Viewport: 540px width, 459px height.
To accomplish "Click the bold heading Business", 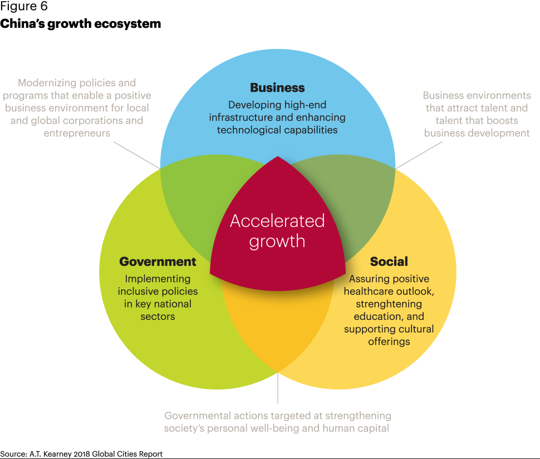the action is (x=277, y=88).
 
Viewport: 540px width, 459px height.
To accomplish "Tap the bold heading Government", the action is (x=158, y=261).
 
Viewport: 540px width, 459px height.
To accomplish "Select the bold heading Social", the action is (x=389, y=261).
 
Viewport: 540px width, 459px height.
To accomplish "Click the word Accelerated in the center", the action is (x=277, y=221).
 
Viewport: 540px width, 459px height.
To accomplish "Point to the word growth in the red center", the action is (x=277, y=241).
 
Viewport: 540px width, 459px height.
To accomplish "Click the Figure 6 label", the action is (x=24, y=7).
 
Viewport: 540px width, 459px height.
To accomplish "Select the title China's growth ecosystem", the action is (x=81, y=24).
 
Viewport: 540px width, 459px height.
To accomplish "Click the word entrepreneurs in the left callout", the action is (x=76, y=133).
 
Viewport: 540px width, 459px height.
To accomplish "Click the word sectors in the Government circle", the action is (x=158, y=317).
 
